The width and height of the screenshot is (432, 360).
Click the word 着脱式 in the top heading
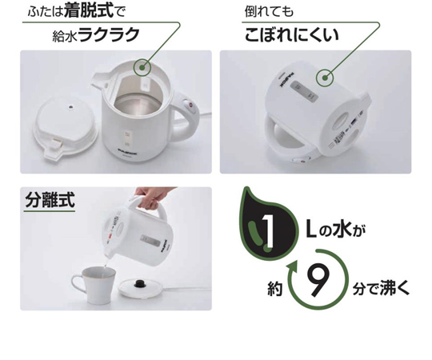89,11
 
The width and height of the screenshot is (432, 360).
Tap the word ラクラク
109,35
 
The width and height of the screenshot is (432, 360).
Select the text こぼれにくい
291,34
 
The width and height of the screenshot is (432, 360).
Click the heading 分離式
50,199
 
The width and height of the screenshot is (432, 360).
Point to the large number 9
318,281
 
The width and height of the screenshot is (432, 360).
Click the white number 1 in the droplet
267,230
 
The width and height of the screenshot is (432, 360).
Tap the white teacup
94,284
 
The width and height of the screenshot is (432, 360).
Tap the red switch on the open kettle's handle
190,105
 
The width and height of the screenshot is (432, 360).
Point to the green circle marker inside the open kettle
142,68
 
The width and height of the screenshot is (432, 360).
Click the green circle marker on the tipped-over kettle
325,78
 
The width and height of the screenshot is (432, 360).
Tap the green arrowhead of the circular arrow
293,267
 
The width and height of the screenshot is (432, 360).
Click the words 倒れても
269,11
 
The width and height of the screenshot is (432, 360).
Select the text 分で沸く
381,289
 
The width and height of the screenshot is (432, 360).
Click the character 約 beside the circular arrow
275,290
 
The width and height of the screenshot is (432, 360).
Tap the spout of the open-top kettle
100,79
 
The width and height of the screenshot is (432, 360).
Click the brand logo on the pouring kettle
166,246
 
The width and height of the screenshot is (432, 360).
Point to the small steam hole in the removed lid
71,107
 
